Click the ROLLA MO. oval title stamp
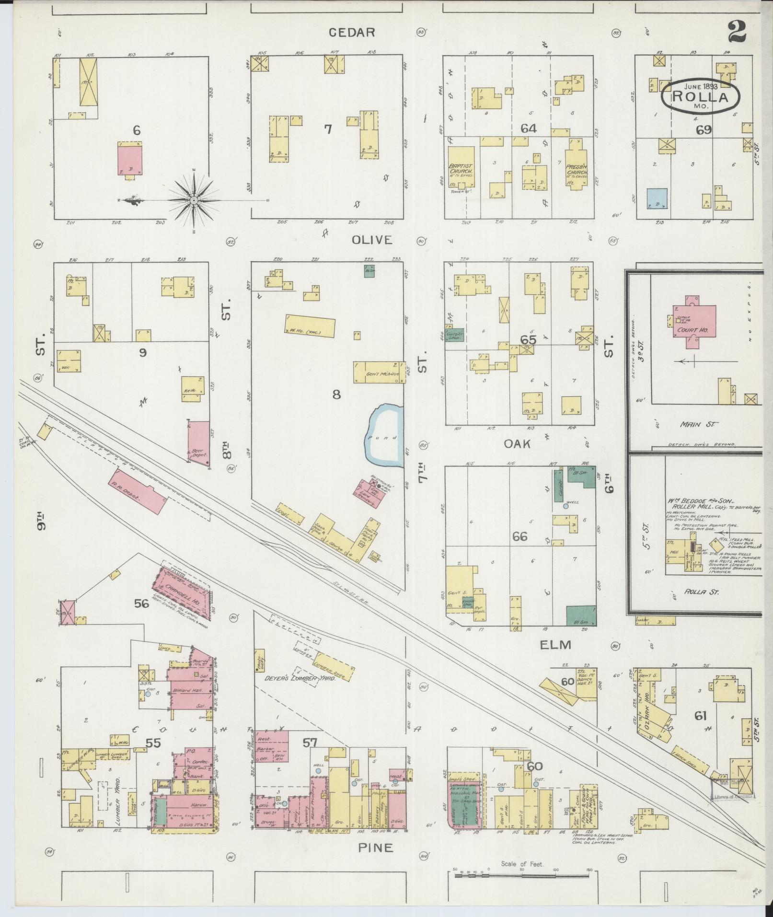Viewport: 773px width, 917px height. click(700, 96)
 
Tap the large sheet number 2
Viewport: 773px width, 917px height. click(738, 32)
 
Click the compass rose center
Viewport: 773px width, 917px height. click(194, 200)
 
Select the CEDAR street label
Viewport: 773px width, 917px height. click(351, 32)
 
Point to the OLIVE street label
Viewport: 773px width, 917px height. click(371, 240)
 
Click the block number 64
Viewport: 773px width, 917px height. click(529, 128)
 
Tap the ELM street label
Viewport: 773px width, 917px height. click(555, 645)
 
